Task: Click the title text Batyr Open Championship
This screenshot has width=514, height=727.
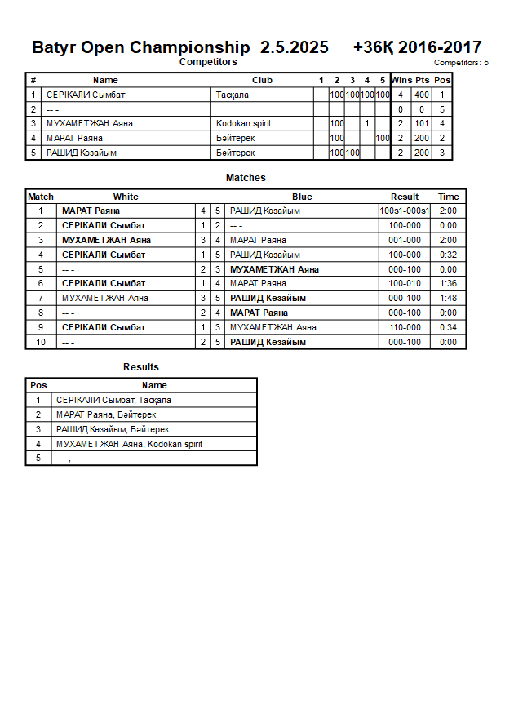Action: point(141,47)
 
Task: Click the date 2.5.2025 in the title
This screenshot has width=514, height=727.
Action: point(295,47)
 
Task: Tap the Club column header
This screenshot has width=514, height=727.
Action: point(262,80)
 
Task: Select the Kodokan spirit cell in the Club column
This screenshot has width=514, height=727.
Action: point(243,124)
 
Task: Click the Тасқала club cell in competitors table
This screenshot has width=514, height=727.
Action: point(233,95)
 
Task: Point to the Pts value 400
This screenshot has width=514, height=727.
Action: point(421,95)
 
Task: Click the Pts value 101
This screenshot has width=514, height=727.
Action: point(421,124)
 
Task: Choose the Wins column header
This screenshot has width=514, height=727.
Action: point(401,80)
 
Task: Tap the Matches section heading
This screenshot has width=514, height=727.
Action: point(246,178)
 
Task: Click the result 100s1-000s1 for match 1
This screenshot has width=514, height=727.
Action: point(405,211)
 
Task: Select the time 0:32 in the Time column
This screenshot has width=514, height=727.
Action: point(448,255)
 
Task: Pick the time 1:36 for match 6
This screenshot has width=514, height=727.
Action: point(448,283)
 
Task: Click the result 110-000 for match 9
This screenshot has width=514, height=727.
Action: point(405,327)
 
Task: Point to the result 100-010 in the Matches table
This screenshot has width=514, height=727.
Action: point(405,283)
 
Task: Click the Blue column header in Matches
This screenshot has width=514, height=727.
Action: point(302,197)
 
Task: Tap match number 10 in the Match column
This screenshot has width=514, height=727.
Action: point(41,342)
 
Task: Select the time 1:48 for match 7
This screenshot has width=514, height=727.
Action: point(448,298)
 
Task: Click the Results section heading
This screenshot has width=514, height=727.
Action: point(141,367)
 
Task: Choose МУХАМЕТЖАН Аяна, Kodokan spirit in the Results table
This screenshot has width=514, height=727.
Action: point(129,444)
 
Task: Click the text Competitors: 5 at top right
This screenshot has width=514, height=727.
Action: point(461,63)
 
